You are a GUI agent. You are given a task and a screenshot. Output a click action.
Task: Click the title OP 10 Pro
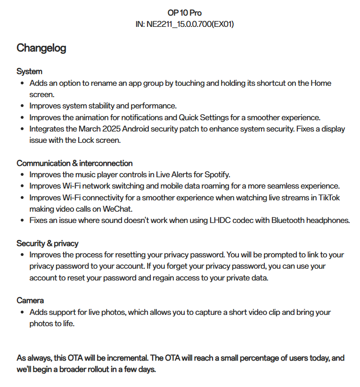(x=184, y=13)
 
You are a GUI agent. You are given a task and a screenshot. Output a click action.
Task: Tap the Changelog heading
(x=41, y=48)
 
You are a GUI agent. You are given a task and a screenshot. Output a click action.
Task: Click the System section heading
(x=29, y=71)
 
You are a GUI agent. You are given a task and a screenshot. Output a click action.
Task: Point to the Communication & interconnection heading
(x=74, y=163)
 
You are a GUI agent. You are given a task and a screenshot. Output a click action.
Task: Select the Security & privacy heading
(x=47, y=243)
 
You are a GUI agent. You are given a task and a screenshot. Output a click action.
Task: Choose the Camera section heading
(x=30, y=300)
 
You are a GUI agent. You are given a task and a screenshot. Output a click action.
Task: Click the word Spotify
(x=217, y=175)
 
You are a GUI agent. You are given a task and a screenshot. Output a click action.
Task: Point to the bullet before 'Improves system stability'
(x=22, y=106)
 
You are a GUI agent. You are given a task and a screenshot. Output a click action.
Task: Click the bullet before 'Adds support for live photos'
(x=22, y=312)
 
